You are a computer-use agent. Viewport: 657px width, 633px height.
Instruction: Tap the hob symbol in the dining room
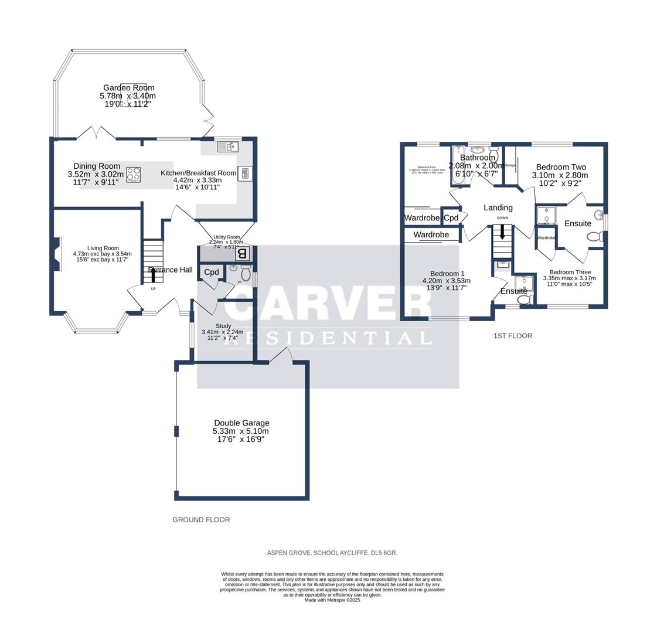134,175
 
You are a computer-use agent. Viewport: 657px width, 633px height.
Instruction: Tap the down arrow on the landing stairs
502,232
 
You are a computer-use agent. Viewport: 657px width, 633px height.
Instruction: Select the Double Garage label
241,423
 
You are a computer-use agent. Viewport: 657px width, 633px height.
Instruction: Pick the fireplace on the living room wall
57,254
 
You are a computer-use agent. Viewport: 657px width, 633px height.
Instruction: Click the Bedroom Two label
561,167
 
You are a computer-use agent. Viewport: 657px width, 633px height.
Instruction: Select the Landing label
498,207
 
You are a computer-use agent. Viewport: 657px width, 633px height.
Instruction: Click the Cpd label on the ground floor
211,272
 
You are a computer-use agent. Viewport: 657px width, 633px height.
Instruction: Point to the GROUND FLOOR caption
201,520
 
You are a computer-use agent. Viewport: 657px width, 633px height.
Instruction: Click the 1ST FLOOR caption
513,336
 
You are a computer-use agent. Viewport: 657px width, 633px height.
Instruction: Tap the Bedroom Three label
570,272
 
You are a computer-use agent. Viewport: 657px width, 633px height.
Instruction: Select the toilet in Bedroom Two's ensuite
594,237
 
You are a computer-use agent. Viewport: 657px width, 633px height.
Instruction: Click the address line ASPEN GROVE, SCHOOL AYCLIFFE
332,553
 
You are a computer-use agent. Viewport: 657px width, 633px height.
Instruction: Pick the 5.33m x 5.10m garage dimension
241,431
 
